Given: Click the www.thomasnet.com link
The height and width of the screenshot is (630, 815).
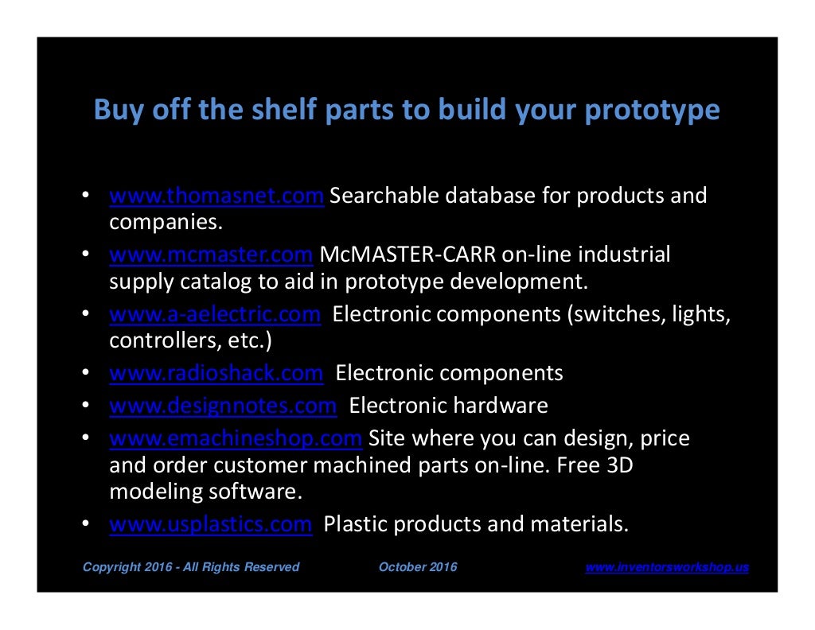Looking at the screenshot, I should click(216, 196).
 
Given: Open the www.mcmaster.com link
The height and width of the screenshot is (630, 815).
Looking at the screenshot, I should click(210, 255).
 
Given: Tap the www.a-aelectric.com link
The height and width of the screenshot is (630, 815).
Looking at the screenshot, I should click(215, 314).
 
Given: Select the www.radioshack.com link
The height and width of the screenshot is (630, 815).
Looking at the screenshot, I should click(216, 373).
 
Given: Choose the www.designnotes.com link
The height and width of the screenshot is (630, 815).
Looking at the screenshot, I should click(223, 406).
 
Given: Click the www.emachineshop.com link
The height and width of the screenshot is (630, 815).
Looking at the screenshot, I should click(236, 438).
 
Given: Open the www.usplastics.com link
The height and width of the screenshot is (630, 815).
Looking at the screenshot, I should click(210, 524).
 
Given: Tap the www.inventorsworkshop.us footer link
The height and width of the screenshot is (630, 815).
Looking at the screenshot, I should click(667, 567).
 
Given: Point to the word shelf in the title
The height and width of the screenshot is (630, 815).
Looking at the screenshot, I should click(275, 110).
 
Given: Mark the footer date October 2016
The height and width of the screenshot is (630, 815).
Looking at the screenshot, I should click(418, 567).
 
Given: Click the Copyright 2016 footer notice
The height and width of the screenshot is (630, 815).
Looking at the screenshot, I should click(191, 567).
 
